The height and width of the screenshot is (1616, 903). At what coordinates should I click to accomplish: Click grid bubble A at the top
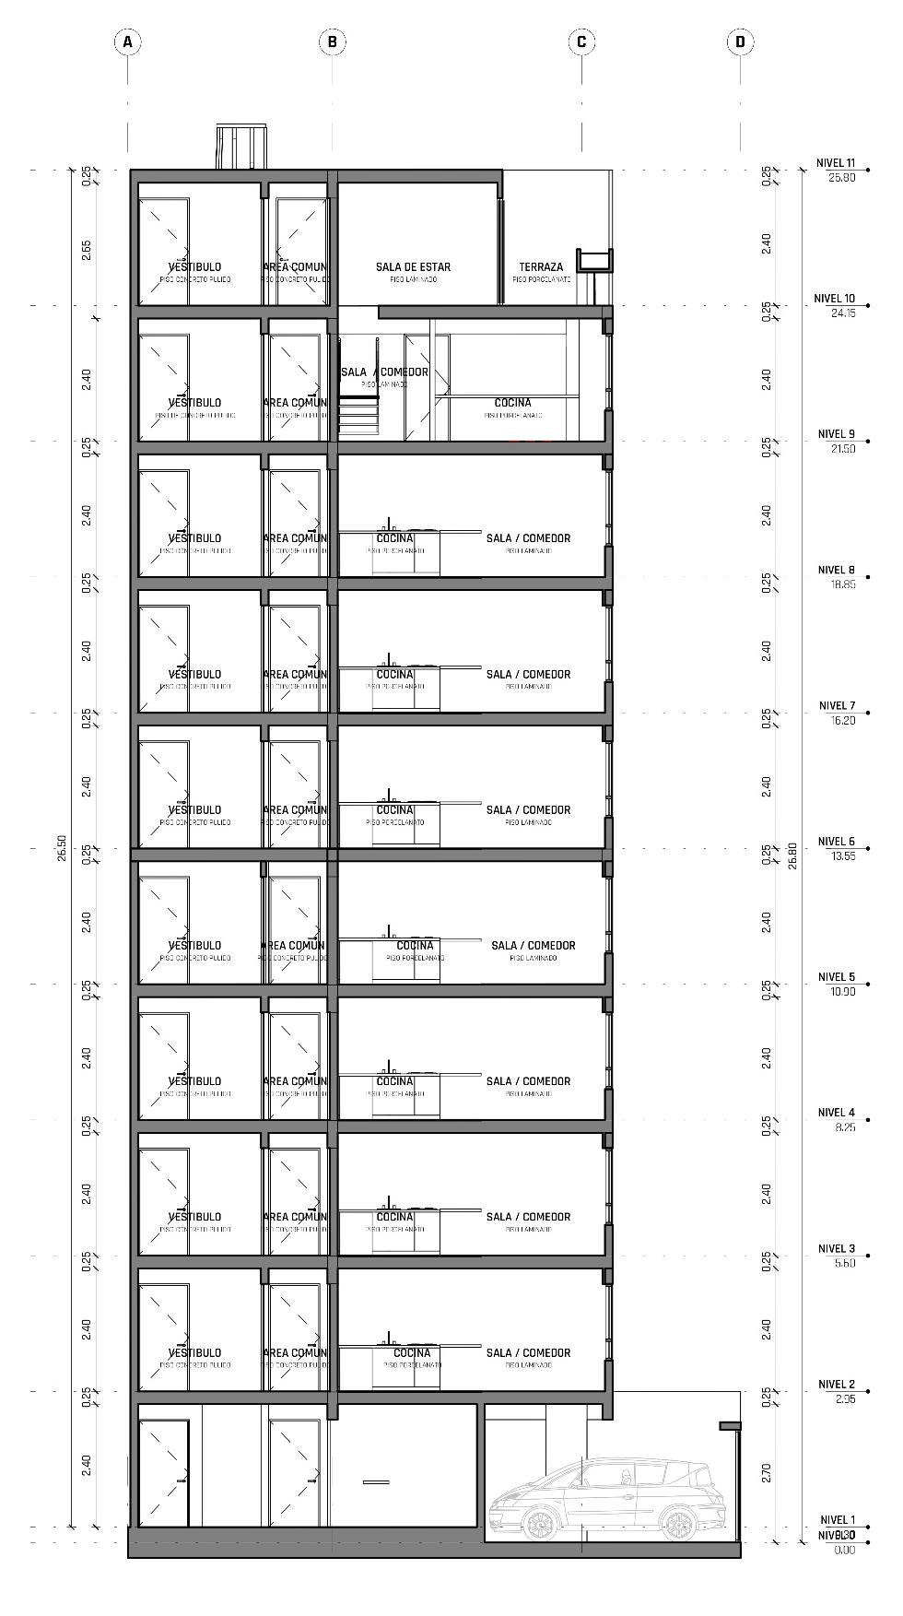[x=127, y=41]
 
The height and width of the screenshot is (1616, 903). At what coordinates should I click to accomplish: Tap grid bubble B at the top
[x=332, y=41]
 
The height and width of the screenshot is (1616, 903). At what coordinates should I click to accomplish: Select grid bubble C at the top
[x=581, y=41]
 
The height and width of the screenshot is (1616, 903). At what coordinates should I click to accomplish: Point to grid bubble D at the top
[x=740, y=41]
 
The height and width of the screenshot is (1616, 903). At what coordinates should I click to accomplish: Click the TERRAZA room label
[x=541, y=267]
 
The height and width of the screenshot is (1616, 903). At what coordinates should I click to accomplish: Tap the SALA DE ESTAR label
[x=413, y=267]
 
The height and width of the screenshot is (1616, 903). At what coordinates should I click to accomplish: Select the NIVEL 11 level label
[x=836, y=163]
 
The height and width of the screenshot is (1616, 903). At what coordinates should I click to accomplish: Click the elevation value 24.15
[x=843, y=313]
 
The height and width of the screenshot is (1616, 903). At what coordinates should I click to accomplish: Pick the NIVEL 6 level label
[x=837, y=842]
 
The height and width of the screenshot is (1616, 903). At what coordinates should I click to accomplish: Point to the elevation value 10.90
[x=843, y=992]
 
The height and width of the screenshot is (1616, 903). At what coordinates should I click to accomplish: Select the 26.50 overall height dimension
[x=62, y=848]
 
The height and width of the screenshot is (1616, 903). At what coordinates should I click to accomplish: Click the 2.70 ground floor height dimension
[x=767, y=1472]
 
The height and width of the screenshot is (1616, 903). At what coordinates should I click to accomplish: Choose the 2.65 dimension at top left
[x=86, y=251]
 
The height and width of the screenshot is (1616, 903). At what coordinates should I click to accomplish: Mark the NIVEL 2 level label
[x=837, y=1384]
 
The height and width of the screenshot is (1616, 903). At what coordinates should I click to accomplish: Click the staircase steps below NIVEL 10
[x=358, y=415]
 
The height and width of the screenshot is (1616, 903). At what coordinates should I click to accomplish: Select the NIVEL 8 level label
[x=837, y=570]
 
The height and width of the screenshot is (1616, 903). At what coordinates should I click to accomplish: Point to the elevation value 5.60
[x=845, y=1263]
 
